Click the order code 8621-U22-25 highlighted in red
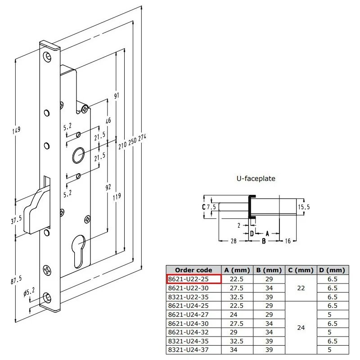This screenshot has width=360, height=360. click(x=188, y=279)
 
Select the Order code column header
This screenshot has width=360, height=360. click(x=193, y=270)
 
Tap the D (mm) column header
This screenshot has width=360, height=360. click(x=332, y=270)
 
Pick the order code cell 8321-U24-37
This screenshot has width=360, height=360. click(x=188, y=350)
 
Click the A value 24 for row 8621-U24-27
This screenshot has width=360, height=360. click(x=234, y=314)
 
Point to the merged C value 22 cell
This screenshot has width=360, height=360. click(x=301, y=288)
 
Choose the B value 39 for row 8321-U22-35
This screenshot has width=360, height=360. click(x=269, y=297)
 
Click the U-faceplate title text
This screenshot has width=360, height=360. click(x=256, y=178)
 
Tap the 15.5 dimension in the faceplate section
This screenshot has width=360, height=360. click(x=304, y=207)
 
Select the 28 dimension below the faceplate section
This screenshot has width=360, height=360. click(x=234, y=241)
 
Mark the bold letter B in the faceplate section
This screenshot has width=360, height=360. click(x=264, y=241)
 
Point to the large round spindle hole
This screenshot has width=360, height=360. click(x=78, y=155)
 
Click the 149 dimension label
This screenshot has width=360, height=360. click(x=16, y=130)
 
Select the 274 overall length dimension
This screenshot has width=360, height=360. click(x=142, y=138)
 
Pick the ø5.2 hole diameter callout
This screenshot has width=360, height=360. click(x=29, y=292)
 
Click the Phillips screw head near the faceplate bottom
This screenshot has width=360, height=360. click(x=47, y=270)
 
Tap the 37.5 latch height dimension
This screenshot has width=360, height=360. click(x=16, y=220)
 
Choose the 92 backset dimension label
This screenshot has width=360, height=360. click(x=108, y=187)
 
